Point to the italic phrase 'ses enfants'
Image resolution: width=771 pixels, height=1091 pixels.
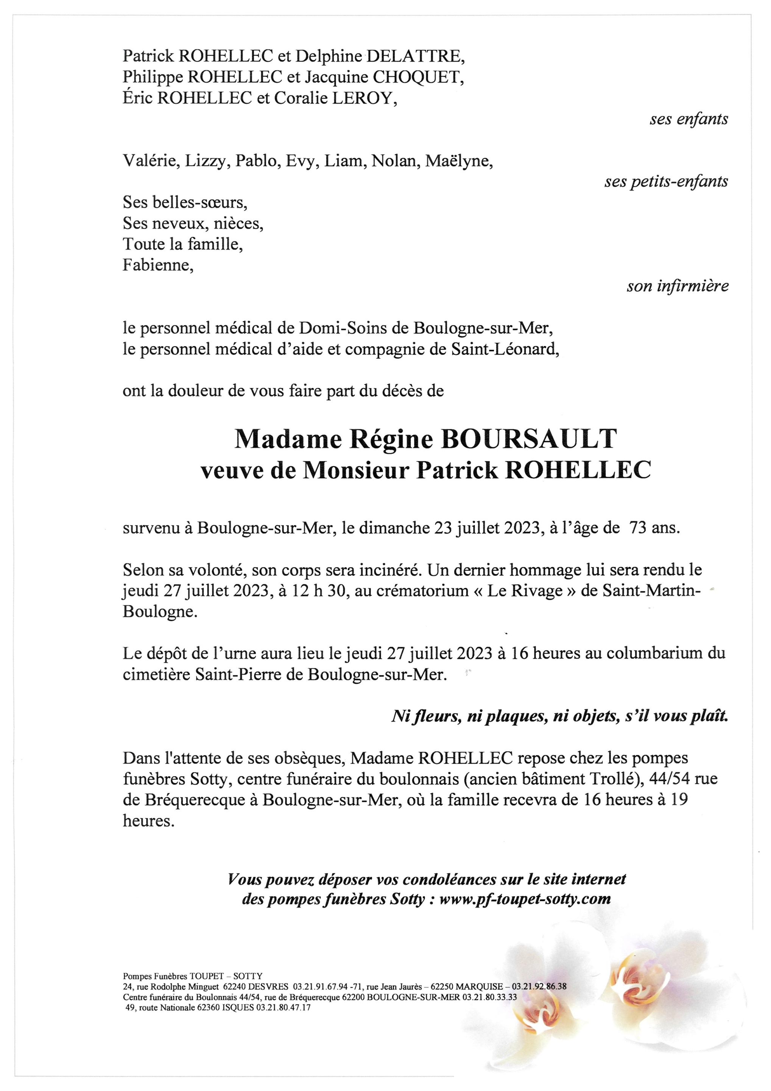[x=688, y=119]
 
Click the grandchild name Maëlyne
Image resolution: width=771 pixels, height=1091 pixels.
[x=459, y=161]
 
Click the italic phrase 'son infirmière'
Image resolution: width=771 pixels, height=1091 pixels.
[x=678, y=286]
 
